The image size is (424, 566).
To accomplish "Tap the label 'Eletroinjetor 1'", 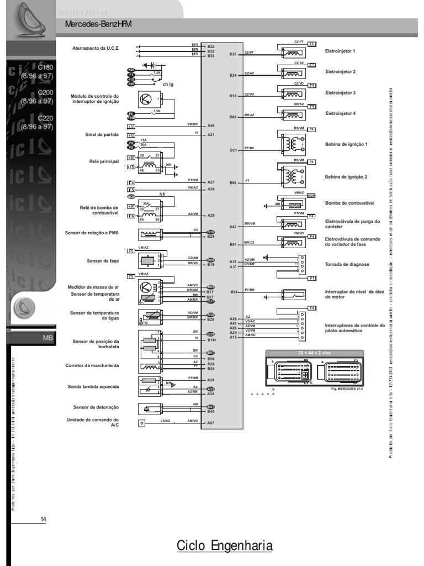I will tap(340, 51).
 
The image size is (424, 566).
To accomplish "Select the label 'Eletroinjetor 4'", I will tap(340, 113).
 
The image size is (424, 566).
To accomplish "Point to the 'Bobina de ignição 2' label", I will tap(346, 176).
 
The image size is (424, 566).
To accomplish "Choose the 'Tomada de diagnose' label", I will tap(345, 264).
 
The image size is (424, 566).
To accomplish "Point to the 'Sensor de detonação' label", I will tap(96, 407).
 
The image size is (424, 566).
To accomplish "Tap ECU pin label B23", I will tap(232, 54).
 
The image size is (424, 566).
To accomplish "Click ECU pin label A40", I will tap(211, 126).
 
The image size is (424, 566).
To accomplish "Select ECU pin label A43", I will tap(232, 226).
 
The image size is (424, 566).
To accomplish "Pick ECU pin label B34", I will tap(234, 291).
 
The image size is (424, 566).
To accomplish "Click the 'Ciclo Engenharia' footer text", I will tap(225, 546).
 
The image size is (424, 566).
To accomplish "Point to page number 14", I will tap(44, 518).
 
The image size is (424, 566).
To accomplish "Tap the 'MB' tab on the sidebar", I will tap(47, 337).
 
